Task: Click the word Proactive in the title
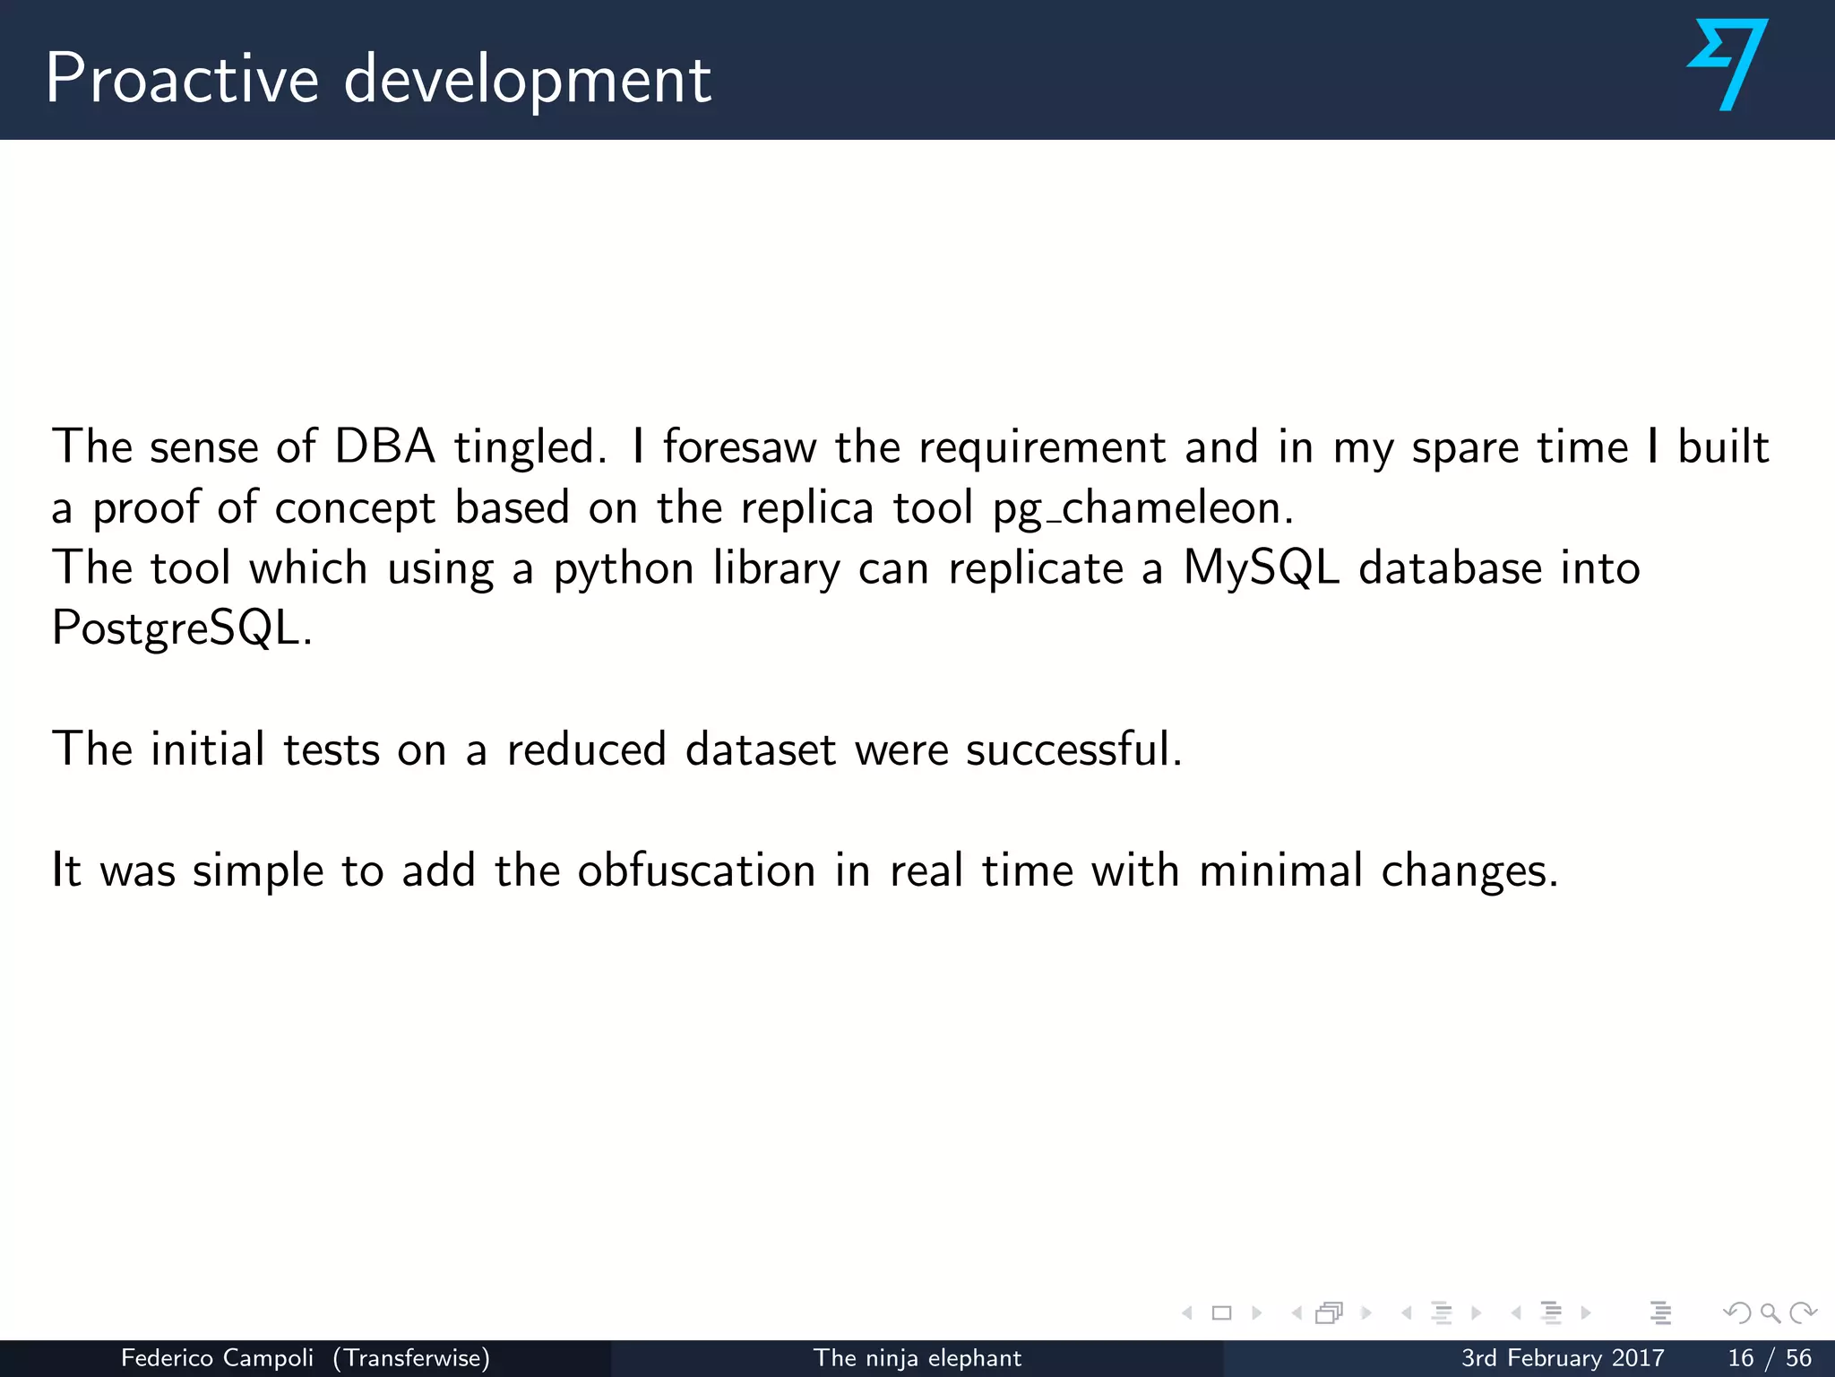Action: (182, 79)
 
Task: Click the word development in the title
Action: (528, 81)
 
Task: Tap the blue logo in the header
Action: (1727, 65)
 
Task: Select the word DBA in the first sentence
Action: (384, 446)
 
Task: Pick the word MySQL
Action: (1261, 569)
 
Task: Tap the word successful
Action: (1073, 749)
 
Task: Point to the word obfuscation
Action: (696, 870)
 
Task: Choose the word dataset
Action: (761, 749)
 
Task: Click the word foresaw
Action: (739, 446)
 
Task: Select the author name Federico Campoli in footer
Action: (217, 1358)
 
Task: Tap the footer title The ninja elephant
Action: (917, 1358)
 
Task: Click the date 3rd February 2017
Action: (1563, 1358)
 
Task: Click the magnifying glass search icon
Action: (1770, 1313)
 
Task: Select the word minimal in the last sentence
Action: (1280, 870)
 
